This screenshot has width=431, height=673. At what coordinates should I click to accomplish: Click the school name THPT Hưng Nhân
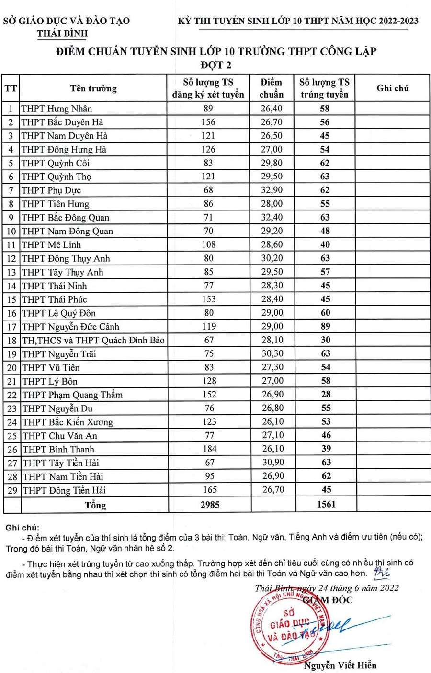(x=57, y=109)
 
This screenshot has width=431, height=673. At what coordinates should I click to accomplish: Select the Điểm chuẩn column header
(x=272, y=88)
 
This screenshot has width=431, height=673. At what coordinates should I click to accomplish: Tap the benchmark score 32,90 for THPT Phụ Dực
(x=272, y=190)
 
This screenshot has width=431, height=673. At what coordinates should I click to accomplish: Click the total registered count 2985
(x=210, y=504)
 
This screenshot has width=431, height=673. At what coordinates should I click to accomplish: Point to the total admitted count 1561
(x=326, y=504)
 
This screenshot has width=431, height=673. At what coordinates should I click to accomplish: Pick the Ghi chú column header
(x=393, y=88)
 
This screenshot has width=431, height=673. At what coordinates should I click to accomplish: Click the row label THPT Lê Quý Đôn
(x=59, y=313)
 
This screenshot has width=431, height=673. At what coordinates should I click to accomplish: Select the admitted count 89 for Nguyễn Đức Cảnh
(x=326, y=326)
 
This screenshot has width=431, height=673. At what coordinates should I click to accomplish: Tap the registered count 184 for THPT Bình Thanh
(x=210, y=449)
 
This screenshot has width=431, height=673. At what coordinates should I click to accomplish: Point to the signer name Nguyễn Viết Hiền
(x=340, y=665)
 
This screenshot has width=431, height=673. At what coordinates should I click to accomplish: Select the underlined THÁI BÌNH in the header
(x=63, y=33)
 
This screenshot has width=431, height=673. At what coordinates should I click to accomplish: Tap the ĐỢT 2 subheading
(x=215, y=65)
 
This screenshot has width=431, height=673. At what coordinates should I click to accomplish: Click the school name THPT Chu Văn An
(x=60, y=436)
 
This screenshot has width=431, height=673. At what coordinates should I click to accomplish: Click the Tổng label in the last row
(x=95, y=505)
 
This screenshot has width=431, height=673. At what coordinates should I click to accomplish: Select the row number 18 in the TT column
(x=11, y=341)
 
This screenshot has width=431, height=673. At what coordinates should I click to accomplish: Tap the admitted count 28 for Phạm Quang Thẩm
(x=326, y=395)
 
